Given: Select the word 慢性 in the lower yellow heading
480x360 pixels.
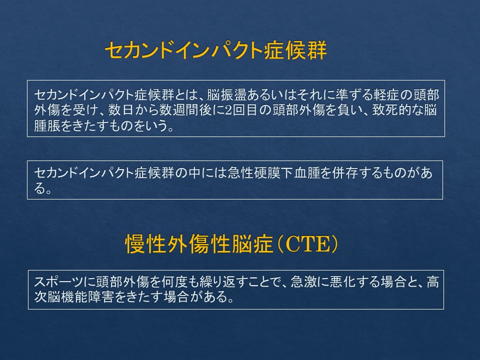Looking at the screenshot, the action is [145, 244].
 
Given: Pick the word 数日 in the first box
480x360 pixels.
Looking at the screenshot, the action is [121, 110].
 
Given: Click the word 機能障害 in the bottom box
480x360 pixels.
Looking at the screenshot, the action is [87, 297].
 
